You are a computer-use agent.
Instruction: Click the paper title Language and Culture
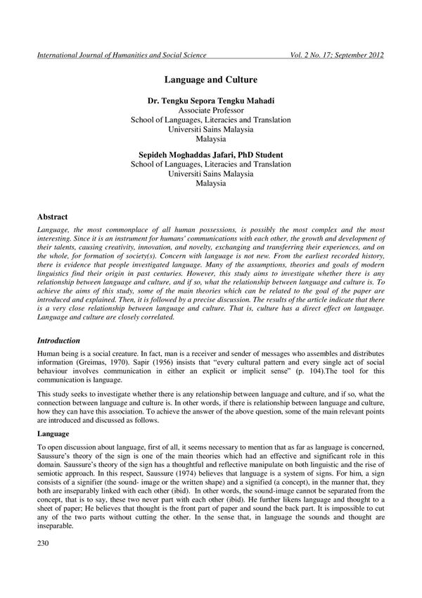pyautogui.click(x=210, y=81)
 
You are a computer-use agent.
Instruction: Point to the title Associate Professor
pyautogui.click(x=210, y=111)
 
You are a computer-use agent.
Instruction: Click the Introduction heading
pyautogui.click(x=60, y=340)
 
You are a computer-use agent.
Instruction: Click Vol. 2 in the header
pyautogui.click(x=300, y=56)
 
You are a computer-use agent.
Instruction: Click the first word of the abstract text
pyautogui.click(x=54, y=230)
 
